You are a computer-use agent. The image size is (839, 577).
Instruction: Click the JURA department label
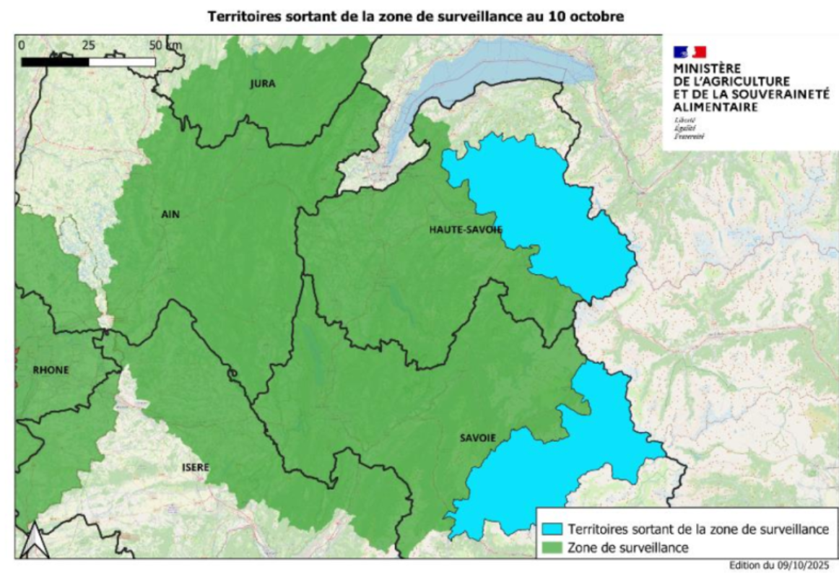(x=263, y=84)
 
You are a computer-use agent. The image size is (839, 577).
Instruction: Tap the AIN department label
(x=170, y=214)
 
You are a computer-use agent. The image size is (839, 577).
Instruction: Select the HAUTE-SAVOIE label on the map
(x=465, y=229)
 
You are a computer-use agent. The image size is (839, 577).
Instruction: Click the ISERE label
(x=195, y=467)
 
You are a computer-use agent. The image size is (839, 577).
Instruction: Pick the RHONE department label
(x=51, y=370)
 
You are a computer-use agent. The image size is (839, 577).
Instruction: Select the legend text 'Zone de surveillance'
(x=627, y=547)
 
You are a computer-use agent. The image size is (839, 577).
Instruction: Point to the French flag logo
(x=690, y=51)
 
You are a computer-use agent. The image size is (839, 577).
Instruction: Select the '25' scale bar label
(x=89, y=45)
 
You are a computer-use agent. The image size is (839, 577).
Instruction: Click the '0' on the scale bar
(x=22, y=45)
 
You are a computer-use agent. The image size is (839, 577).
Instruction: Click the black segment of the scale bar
(x=55, y=62)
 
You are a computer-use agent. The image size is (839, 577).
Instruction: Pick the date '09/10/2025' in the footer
(x=803, y=565)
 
